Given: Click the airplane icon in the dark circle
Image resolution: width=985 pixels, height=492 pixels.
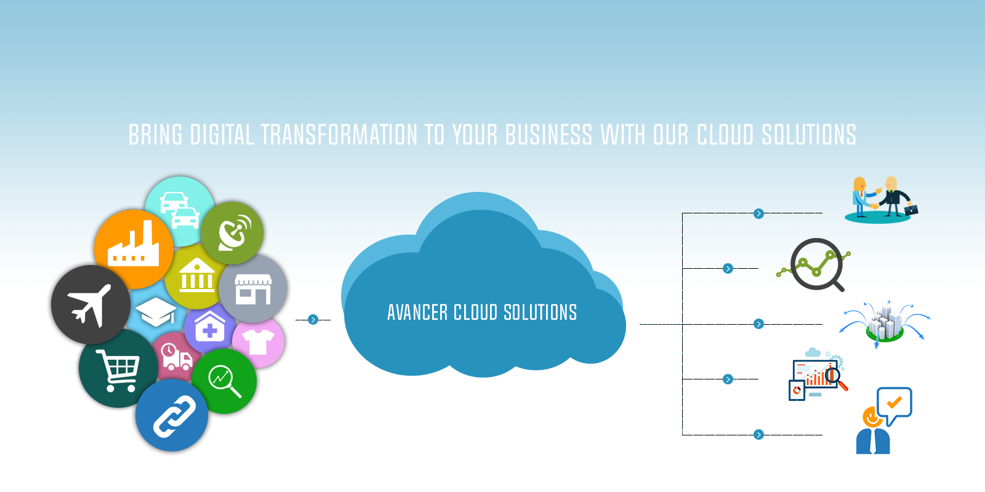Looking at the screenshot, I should (x=90, y=304).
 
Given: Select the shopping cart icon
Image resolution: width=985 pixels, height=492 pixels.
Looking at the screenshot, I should (x=119, y=370).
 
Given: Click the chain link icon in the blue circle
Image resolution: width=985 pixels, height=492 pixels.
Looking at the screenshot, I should (x=174, y=416).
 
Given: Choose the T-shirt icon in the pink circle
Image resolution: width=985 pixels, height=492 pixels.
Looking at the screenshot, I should (x=259, y=341).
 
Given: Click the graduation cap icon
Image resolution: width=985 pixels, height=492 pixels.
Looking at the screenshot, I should (x=156, y=311).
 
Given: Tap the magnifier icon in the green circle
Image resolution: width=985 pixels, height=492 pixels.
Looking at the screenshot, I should (x=224, y=381).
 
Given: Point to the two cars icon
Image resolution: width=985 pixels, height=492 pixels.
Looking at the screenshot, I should (x=179, y=210).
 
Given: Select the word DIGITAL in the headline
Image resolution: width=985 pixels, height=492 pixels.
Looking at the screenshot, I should (x=222, y=135).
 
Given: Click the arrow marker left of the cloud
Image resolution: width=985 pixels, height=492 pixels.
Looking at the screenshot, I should (x=313, y=320).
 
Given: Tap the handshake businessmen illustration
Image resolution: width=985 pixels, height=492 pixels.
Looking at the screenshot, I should (x=880, y=199).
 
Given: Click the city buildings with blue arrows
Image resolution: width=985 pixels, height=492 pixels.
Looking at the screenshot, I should (x=885, y=323).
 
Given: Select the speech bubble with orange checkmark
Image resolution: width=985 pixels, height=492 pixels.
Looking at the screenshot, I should (x=894, y=403).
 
